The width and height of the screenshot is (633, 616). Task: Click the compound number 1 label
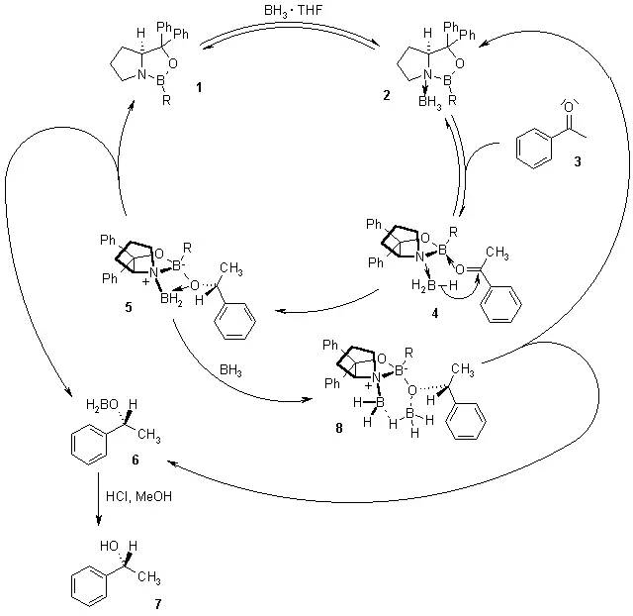click(200, 89)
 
